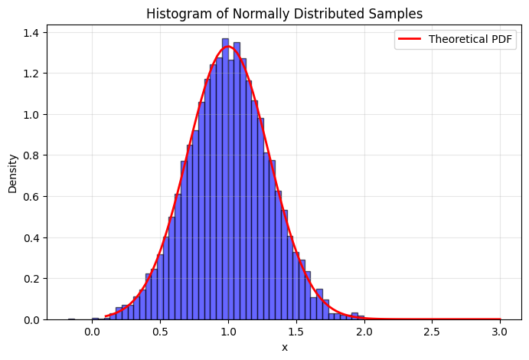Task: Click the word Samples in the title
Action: [396, 13]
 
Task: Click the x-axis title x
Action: [285, 347]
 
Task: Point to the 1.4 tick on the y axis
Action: [33, 32]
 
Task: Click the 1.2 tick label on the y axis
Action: [33, 74]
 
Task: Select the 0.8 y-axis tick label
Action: [33, 155]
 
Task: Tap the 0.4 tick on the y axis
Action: [33, 237]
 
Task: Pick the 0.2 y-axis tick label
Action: [33, 279]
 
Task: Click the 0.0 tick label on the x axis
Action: [92, 332]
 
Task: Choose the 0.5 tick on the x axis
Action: [160, 332]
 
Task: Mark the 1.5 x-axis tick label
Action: [296, 332]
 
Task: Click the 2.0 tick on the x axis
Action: [364, 332]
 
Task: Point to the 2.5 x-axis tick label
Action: [432, 332]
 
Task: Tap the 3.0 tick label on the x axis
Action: [500, 332]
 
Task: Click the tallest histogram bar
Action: [225, 176]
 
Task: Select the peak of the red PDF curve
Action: [228, 47]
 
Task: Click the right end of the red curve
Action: [500, 319]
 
